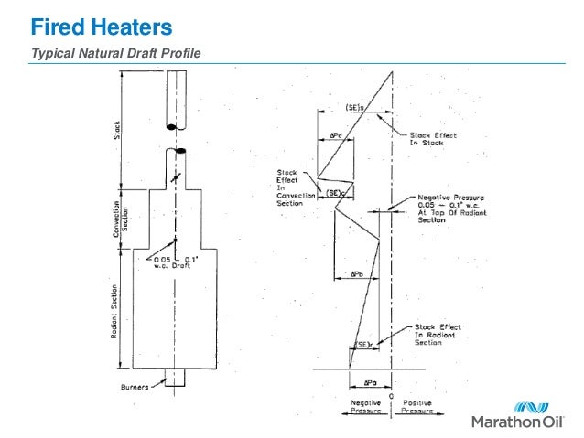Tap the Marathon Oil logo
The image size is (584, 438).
(524, 414)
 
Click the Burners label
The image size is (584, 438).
(136, 387)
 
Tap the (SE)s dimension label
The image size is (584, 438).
(355, 107)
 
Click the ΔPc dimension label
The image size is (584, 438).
(336, 135)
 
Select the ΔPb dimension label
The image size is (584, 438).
(359, 273)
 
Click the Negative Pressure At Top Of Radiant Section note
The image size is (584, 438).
(448, 208)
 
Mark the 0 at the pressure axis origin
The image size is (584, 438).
(393, 395)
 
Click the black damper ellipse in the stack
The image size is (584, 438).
(180, 150)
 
